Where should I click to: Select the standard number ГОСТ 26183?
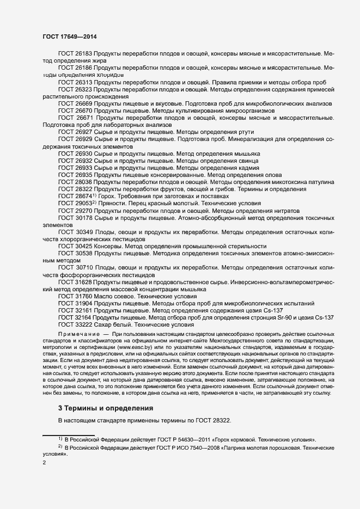[x=75, y=53]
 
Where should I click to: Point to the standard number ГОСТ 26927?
[x=75, y=132]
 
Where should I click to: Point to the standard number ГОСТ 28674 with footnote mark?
[x=77, y=196]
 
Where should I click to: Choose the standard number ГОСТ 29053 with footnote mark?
[x=77, y=203]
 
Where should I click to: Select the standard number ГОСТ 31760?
[x=75, y=296]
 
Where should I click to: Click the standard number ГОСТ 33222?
[x=75, y=324]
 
